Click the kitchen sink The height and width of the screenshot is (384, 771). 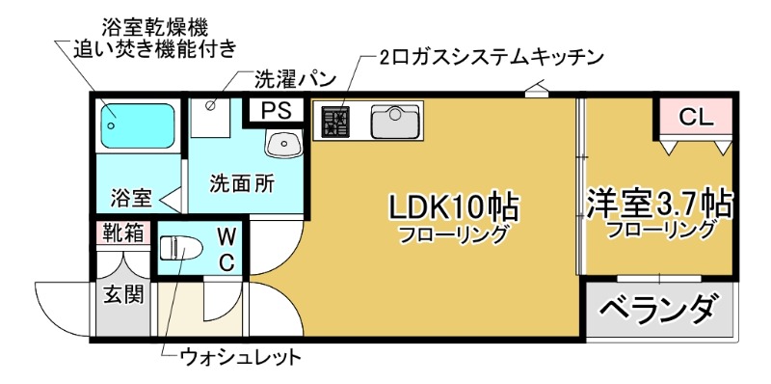tap(393, 122)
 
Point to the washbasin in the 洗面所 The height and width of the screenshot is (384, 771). tap(284, 145)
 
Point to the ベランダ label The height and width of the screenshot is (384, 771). tap(660, 310)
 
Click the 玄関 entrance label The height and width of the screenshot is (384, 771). tap(123, 292)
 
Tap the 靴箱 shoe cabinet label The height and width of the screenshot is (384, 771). tap(123, 233)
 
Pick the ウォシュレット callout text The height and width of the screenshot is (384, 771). tap(242, 358)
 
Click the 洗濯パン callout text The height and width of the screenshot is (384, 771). tap(295, 77)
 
